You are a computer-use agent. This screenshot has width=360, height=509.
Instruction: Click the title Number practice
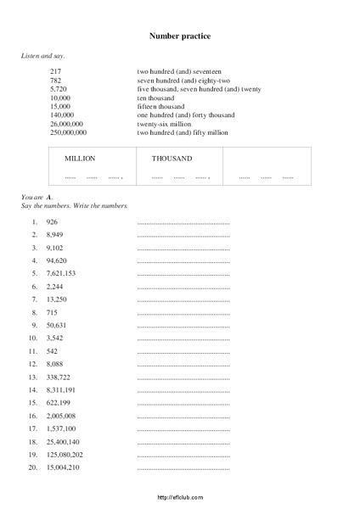point(180,36)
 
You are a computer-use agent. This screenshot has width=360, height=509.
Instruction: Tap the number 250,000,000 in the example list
point(69,132)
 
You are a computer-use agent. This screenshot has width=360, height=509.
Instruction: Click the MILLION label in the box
point(80,159)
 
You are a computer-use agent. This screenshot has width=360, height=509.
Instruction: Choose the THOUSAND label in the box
point(172,159)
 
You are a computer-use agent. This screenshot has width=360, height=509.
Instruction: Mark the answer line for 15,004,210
point(183,468)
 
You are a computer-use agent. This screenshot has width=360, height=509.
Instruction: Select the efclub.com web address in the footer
point(180,499)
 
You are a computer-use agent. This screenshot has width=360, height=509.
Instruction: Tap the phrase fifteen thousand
point(161,106)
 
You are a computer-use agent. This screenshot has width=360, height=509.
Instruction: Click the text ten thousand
point(155,98)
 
